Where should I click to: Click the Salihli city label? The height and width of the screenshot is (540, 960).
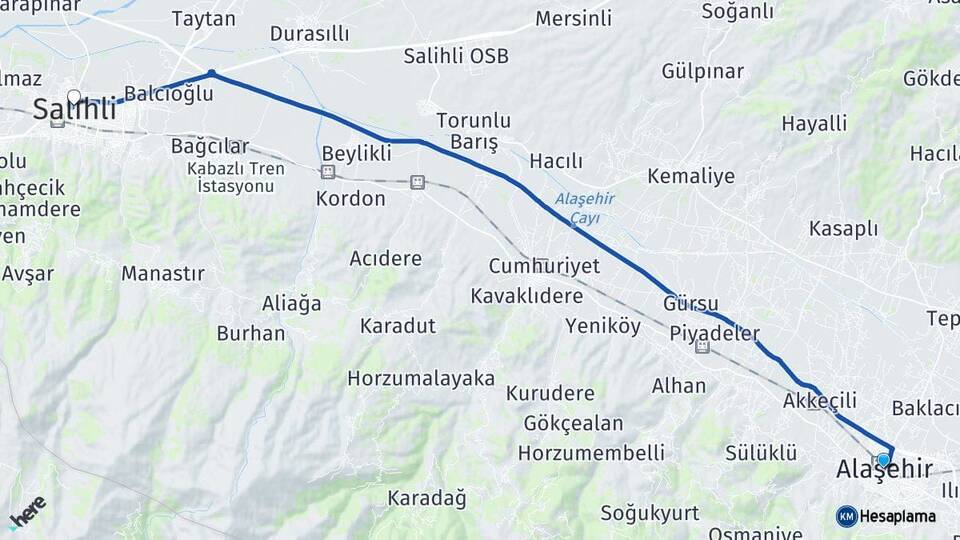pyautogui.click(x=74, y=110)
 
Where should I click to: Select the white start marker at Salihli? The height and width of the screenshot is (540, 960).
pyautogui.click(x=74, y=97)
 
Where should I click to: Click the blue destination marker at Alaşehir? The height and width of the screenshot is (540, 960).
pyautogui.click(x=883, y=459)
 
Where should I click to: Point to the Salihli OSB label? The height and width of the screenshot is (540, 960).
pyautogui.click(x=456, y=56)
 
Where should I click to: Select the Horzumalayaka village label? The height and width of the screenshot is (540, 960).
pyautogui.click(x=421, y=379)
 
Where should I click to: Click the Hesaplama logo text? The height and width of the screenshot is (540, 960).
pyautogui.click(x=898, y=516)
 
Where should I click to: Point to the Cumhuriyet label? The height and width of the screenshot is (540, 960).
pyautogui.click(x=544, y=266)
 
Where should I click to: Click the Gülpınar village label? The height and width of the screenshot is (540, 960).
pyautogui.click(x=702, y=72)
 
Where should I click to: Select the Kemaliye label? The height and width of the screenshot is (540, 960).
pyautogui.click(x=691, y=177)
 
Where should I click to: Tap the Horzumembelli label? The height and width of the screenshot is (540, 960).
pyautogui.click(x=591, y=453)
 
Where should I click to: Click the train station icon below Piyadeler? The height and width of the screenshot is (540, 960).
pyautogui.click(x=703, y=347)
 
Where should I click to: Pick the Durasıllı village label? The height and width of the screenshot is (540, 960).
pyautogui.click(x=310, y=34)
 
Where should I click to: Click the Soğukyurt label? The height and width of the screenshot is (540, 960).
pyautogui.click(x=650, y=513)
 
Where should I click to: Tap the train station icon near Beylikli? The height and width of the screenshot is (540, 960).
pyautogui.click(x=327, y=172)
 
